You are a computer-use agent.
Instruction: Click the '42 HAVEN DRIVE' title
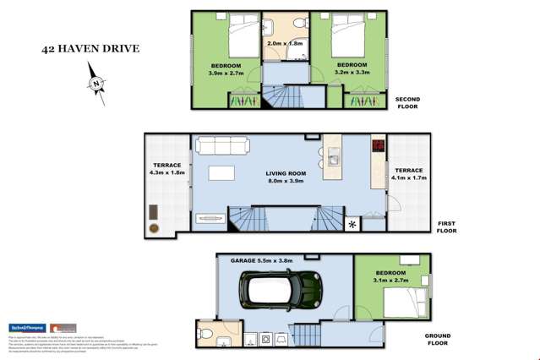pyautogui.click(x=90, y=48)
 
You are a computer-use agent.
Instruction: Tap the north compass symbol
pyautogui.click(x=97, y=85)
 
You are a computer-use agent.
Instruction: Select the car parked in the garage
pyautogui.click(x=280, y=290)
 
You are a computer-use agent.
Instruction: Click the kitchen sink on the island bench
pyautogui.click(x=333, y=157)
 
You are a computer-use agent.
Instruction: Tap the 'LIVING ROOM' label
pyautogui.click(x=286, y=173)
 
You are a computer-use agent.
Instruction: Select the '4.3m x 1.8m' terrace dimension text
pyautogui.click(x=167, y=173)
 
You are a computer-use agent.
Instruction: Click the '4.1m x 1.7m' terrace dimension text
pyautogui.click(x=408, y=178)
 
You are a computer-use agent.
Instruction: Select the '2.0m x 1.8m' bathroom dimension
pyautogui.click(x=285, y=43)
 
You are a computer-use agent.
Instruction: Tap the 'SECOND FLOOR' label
pyautogui.click(x=407, y=103)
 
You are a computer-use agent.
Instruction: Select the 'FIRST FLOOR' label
pyautogui.click(x=446, y=226)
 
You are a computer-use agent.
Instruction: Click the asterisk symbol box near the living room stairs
pyautogui.click(x=353, y=224)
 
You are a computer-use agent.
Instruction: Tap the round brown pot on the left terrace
pyautogui.click(x=154, y=228)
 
